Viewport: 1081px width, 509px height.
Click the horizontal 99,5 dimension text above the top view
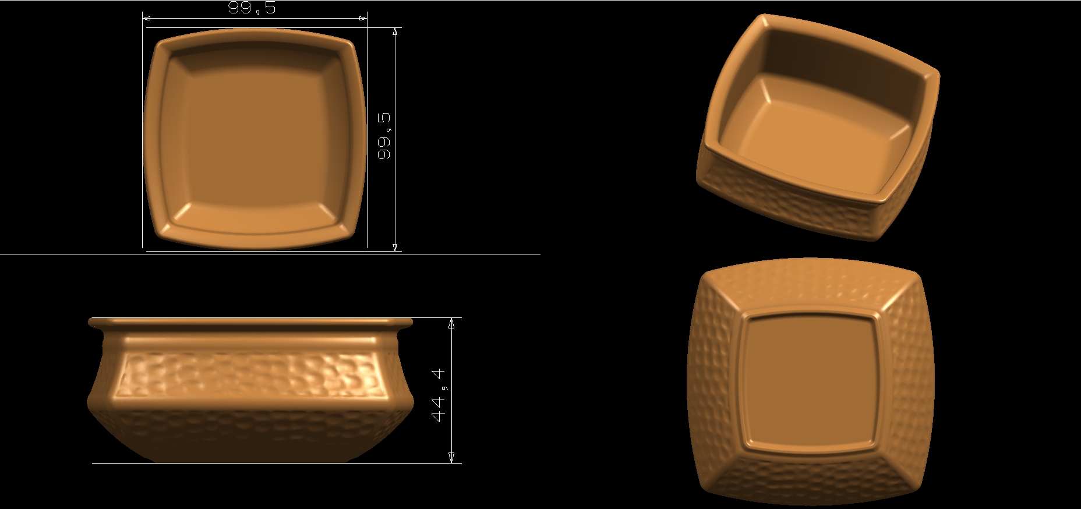click(252, 8)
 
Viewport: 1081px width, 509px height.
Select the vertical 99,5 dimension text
click(384, 136)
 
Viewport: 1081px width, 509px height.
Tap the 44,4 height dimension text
click(439, 394)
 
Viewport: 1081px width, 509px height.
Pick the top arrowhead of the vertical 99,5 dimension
click(395, 31)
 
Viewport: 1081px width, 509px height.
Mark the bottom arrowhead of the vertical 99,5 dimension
click(395, 247)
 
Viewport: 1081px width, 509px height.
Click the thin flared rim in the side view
click(250, 321)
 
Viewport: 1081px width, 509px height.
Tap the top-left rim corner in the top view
click(158, 44)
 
